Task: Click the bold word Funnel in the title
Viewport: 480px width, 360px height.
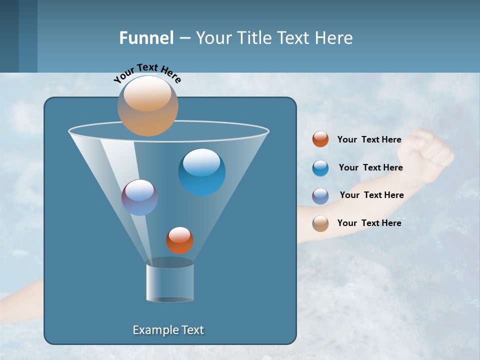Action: point(146,38)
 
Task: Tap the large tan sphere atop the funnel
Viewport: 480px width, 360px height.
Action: point(148,106)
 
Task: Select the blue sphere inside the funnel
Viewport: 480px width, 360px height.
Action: point(202,172)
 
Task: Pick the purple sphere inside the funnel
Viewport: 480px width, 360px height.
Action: point(139,197)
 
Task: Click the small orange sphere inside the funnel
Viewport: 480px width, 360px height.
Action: point(179,240)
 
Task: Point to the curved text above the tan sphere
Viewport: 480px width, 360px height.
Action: point(147,73)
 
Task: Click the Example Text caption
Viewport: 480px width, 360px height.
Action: point(168,330)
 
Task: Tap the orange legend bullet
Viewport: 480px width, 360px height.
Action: point(320,139)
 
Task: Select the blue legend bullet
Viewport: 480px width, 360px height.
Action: point(320,168)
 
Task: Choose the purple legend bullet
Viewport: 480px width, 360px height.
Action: point(320,196)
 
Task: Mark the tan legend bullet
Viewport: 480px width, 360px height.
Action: point(320,223)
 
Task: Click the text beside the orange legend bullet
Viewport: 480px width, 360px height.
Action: point(369,139)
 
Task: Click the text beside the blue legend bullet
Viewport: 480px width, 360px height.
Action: point(370,167)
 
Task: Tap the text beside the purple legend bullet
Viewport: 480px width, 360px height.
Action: point(371,195)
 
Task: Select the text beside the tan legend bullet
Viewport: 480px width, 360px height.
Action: point(369,223)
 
